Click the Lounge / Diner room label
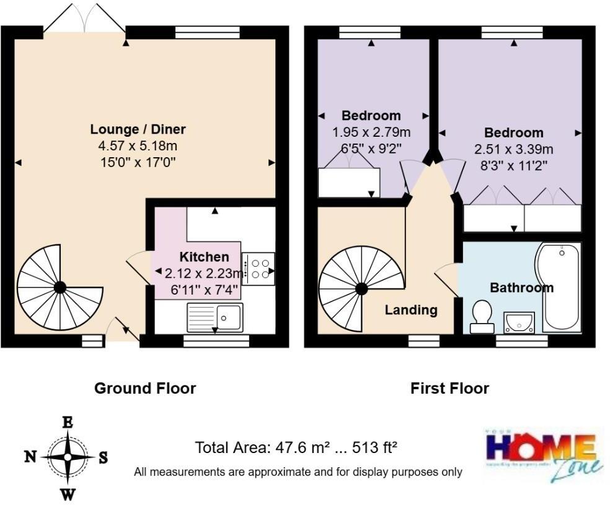(138, 129)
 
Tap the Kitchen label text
(204, 257)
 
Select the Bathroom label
(521, 288)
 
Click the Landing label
(411, 310)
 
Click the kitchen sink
(214, 317)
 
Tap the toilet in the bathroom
(482, 314)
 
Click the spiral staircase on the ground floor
(60, 287)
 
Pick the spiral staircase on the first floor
(361, 288)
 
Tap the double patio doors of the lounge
(84, 17)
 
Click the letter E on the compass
(68, 423)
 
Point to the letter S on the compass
(103, 457)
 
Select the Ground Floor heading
(145, 389)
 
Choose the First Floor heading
(449, 389)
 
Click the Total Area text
(296, 447)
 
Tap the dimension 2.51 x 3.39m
(514, 149)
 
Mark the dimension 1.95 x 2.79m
(371, 132)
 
